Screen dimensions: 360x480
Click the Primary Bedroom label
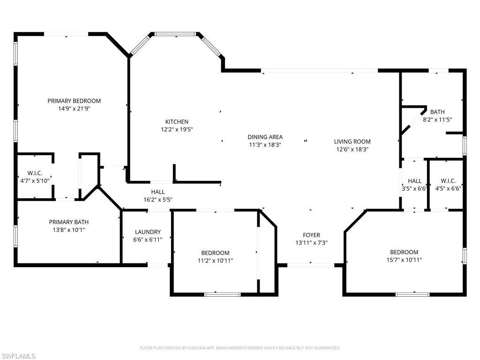74,101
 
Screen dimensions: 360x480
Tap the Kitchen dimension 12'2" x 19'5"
176,129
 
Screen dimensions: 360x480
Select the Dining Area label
265,137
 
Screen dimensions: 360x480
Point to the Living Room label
352,142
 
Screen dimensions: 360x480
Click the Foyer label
311,235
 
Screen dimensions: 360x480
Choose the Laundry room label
148,232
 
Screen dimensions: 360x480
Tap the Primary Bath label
68,222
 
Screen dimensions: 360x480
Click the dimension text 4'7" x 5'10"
35,180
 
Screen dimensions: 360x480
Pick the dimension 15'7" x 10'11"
404,260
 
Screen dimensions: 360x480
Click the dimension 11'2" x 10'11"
215,261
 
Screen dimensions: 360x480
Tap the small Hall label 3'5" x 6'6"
414,188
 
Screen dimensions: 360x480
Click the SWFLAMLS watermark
19,356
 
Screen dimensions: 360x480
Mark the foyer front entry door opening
311,265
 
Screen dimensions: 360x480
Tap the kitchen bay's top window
175,34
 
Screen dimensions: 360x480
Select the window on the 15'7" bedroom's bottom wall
412,294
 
